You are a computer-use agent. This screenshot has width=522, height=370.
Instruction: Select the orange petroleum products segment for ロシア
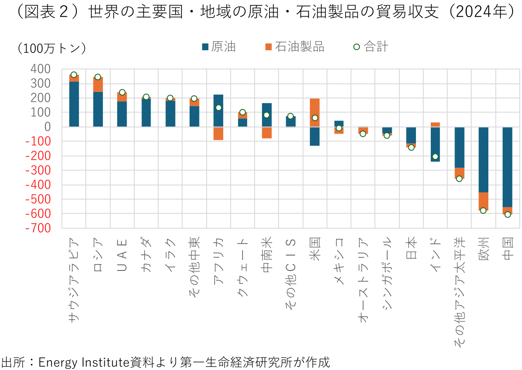(98, 84)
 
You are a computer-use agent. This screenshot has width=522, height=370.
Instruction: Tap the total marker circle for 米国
(315, 118)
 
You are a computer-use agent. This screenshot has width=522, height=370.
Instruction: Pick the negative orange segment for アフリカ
(218, 134)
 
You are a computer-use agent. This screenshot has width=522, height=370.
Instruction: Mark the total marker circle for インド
(435, 157)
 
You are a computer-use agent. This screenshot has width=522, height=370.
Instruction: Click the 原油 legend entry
(219, 47)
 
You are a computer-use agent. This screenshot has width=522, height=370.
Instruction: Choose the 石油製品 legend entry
(295, 47)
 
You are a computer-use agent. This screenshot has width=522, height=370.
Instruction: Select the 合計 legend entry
(371, 47)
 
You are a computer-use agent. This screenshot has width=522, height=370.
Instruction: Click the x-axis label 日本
(411, 248)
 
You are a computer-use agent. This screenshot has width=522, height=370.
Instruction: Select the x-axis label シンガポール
(387, 274)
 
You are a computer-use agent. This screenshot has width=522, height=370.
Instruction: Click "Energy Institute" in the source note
(84, 362)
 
